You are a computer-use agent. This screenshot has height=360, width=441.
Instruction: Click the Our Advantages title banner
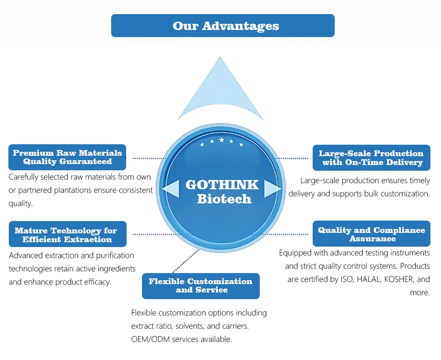coord(223,26)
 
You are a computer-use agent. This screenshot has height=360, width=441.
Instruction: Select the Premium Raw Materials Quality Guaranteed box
coord(67,157)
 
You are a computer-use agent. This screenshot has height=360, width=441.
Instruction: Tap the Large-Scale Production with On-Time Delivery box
coord(371,157)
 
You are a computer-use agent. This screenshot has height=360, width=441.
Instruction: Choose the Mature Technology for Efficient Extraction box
coord(67,234)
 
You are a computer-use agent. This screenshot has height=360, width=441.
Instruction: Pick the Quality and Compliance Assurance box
coord(371,234)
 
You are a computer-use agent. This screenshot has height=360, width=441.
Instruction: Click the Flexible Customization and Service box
coord(201,285)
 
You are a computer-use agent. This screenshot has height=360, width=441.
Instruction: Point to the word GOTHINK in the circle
coord(222,184)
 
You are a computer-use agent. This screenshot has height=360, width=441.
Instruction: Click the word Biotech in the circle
coord(224,199)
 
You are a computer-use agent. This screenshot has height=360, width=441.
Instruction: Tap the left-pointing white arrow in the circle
coord(171,189)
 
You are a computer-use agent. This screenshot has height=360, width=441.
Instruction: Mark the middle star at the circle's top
coord(221,140)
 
